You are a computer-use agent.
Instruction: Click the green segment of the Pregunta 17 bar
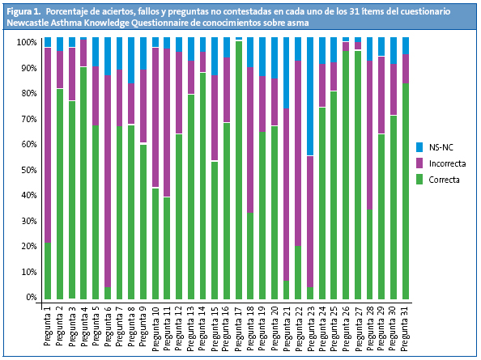pos(238,170)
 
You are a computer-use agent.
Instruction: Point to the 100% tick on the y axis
pos(26,42)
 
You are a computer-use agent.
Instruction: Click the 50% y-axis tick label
pos(26,170)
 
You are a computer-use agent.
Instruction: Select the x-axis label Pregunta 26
pos(346,327)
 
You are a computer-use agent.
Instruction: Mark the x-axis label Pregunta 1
pos(48,325)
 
